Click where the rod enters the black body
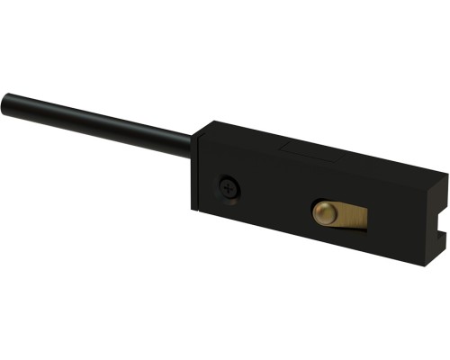point(191,145)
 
